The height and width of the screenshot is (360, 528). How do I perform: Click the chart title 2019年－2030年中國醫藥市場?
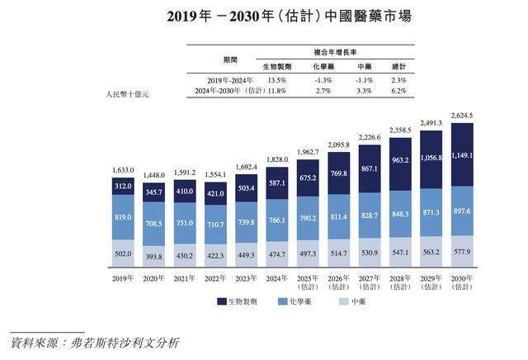click(265, 16)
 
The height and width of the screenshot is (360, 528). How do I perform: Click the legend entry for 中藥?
click(367, 302)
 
